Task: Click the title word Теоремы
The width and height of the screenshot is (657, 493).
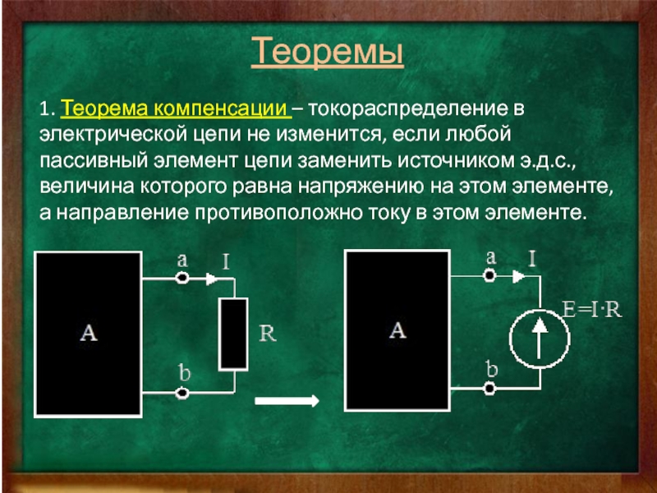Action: point(327,52)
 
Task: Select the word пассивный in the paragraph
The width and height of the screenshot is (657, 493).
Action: point(94,160)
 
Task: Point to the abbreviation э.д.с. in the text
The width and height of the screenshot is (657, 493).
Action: point(549,161)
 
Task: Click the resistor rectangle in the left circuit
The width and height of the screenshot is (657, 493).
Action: point(233,334)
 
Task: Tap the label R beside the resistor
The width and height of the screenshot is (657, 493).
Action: point(268,334)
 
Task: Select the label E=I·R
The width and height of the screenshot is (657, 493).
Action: point(592,310)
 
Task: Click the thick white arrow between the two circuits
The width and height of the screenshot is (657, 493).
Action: point(287,401)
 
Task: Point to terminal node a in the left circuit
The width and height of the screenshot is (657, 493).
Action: point(182,278)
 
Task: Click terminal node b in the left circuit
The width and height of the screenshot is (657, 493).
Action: point(182,394)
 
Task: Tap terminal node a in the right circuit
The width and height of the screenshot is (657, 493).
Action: point(489,276)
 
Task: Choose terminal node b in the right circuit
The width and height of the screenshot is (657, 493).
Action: point(489,389)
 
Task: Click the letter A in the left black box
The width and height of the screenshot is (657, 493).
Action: point(89,334)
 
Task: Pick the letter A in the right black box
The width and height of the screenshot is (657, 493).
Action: point(397,330)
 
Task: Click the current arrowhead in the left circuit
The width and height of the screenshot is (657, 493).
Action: point(212,279)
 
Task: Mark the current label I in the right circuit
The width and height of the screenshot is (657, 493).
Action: point(532,259)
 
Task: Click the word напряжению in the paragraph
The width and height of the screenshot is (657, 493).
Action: point(361,187)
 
